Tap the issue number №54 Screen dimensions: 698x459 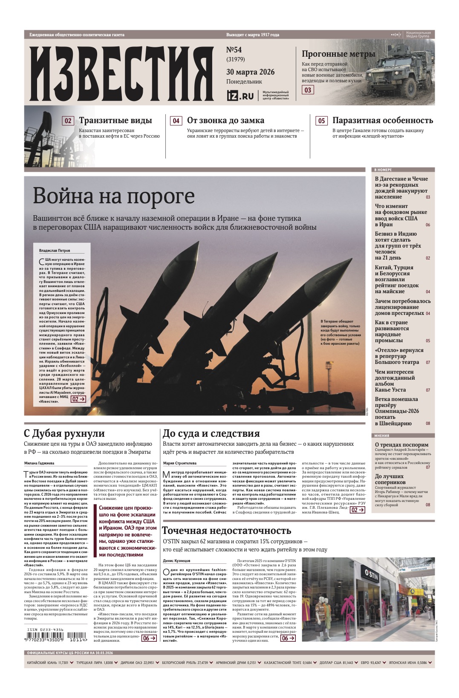[234, 50]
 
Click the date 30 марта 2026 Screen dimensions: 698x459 [250, 72]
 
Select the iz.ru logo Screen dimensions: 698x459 [240, 95]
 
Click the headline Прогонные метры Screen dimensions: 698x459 [338, 54]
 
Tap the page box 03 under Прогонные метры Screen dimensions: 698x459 [308, 90]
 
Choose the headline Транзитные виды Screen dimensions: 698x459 [115, 121]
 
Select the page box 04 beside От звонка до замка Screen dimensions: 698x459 [176, 121]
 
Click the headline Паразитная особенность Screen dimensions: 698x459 [382, 121]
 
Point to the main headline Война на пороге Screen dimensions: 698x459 [114, 196]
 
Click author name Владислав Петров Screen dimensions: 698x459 [55, 251]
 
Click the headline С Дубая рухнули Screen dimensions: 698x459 [64, 433]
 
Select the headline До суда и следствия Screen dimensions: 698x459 [211, 433]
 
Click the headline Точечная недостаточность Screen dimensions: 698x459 [226, 531]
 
